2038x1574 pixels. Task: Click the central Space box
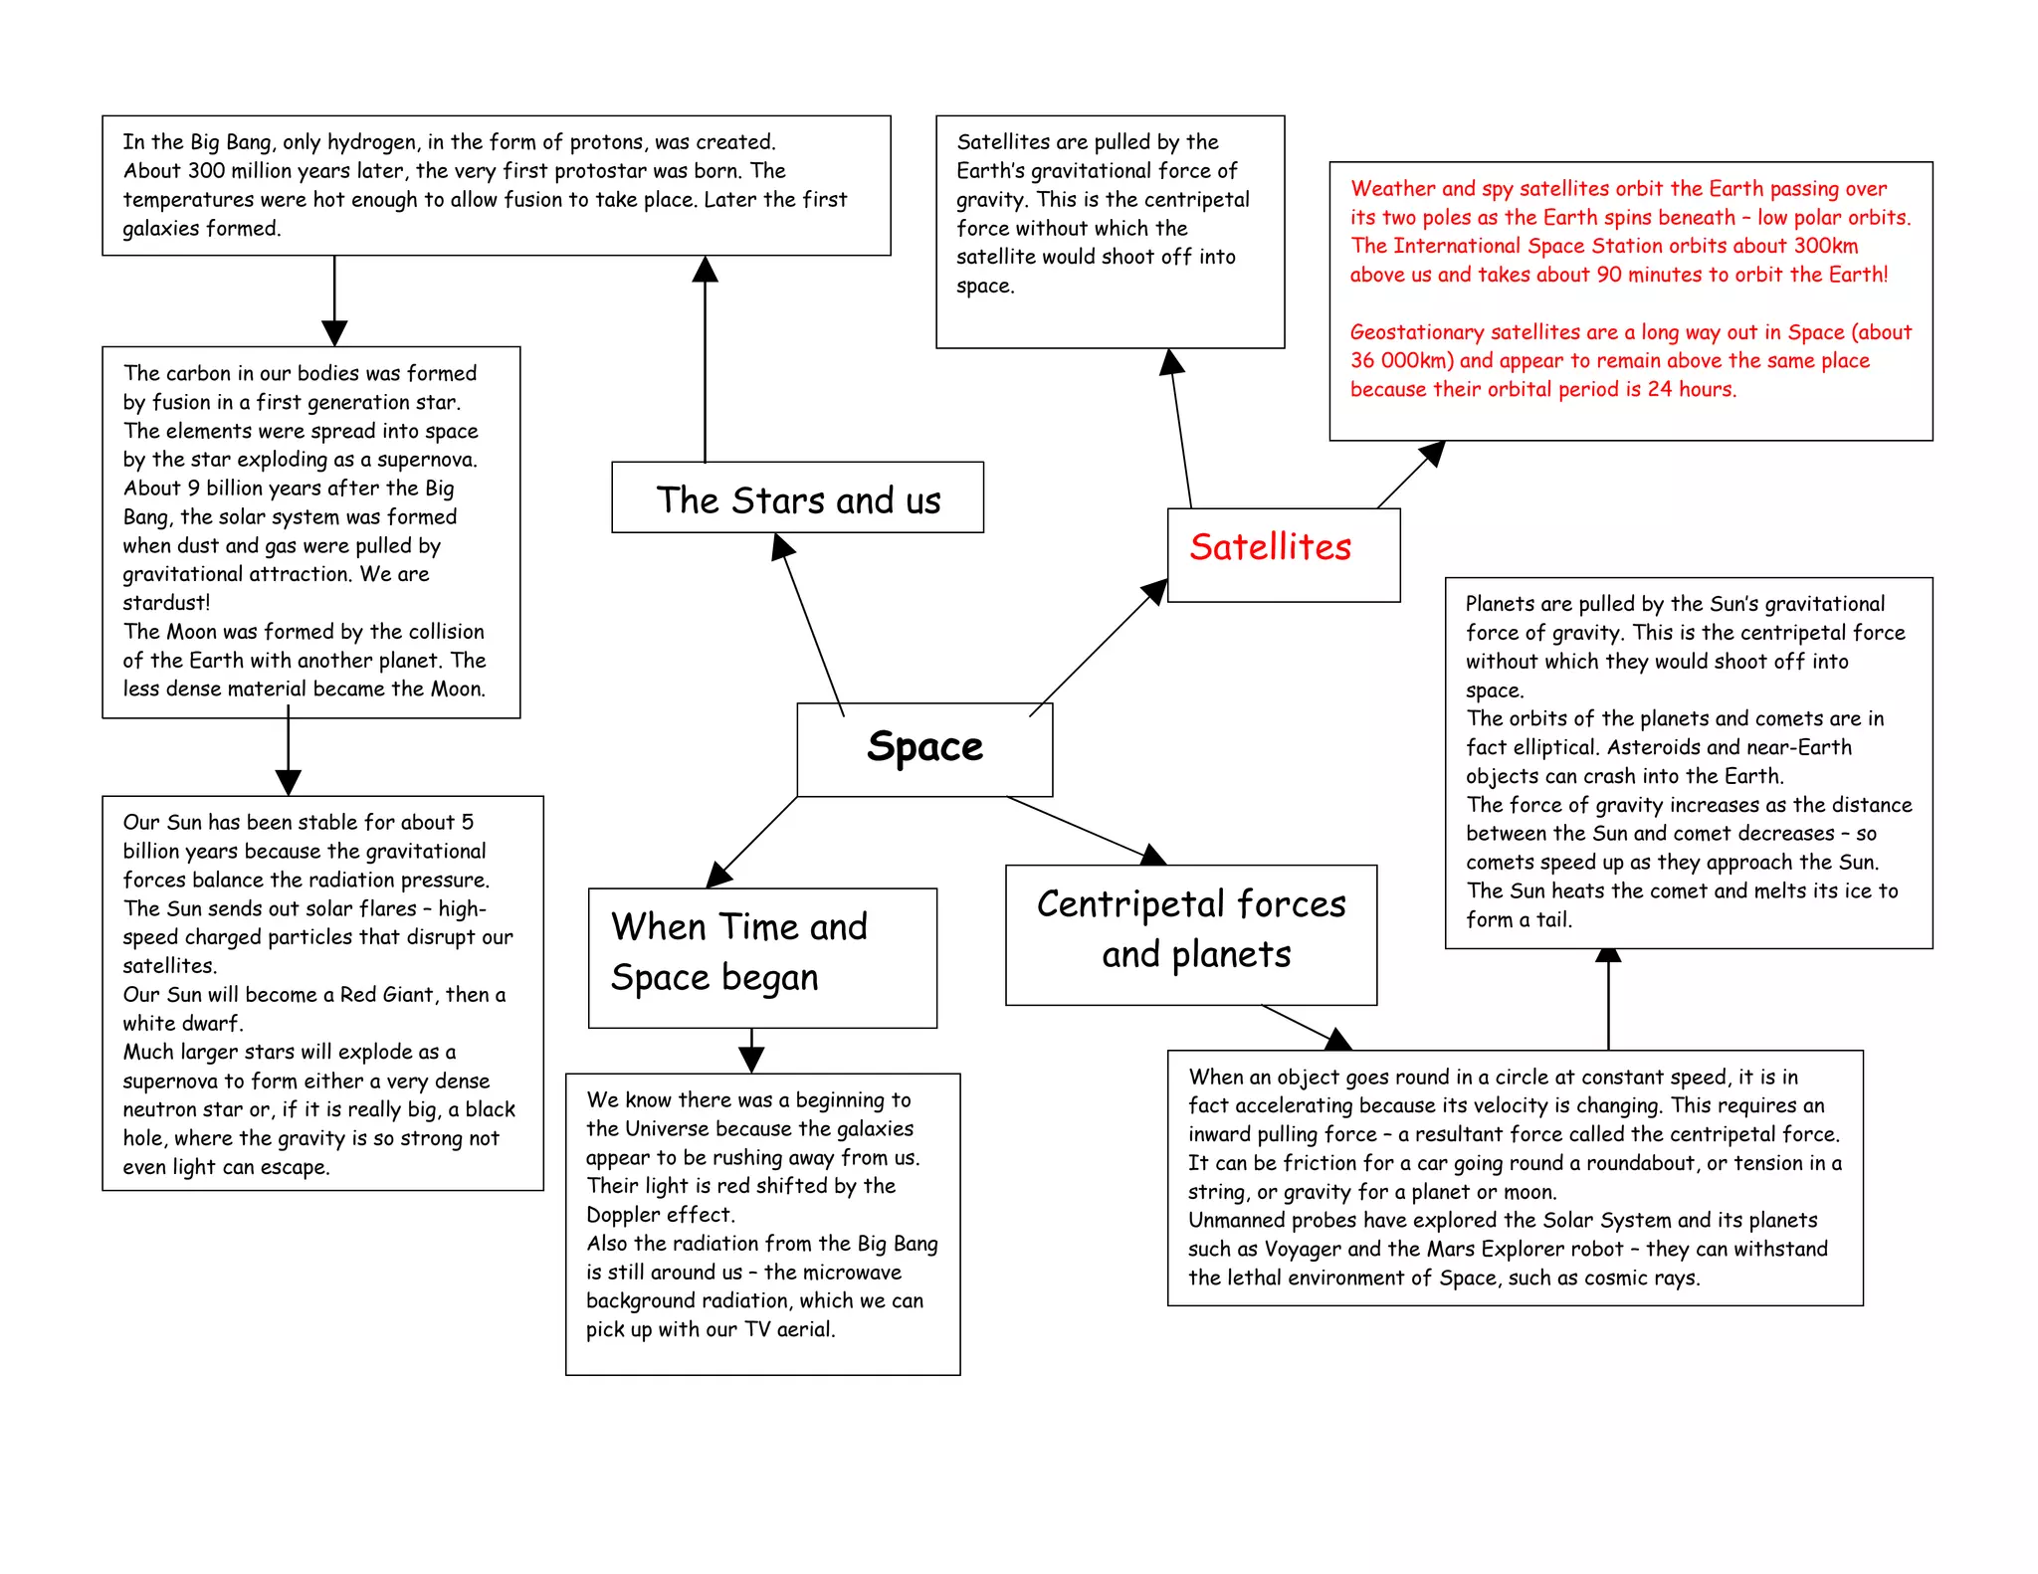coord(924,748)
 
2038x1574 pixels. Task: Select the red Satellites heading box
coord(1283,554)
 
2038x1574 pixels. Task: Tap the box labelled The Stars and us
coord(797,497)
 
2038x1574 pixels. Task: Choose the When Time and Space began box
coord(762,956)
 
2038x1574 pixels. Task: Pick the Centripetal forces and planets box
coord(1191,933)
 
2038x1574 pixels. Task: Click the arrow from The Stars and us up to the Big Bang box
coord(706,358)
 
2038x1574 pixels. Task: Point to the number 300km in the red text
coord(1825,246)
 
